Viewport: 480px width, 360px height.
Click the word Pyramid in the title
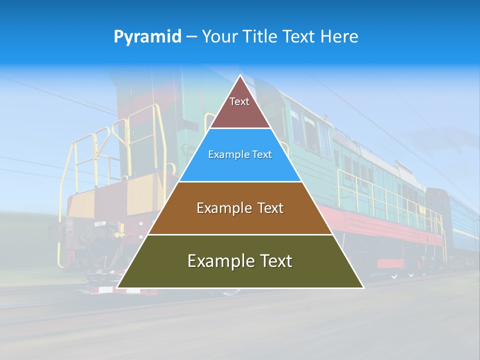[147, 36]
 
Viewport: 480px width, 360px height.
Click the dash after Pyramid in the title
[191, 37]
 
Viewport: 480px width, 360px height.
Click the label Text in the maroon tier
[239, 101]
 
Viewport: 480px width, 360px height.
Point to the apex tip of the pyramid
[240, 76]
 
